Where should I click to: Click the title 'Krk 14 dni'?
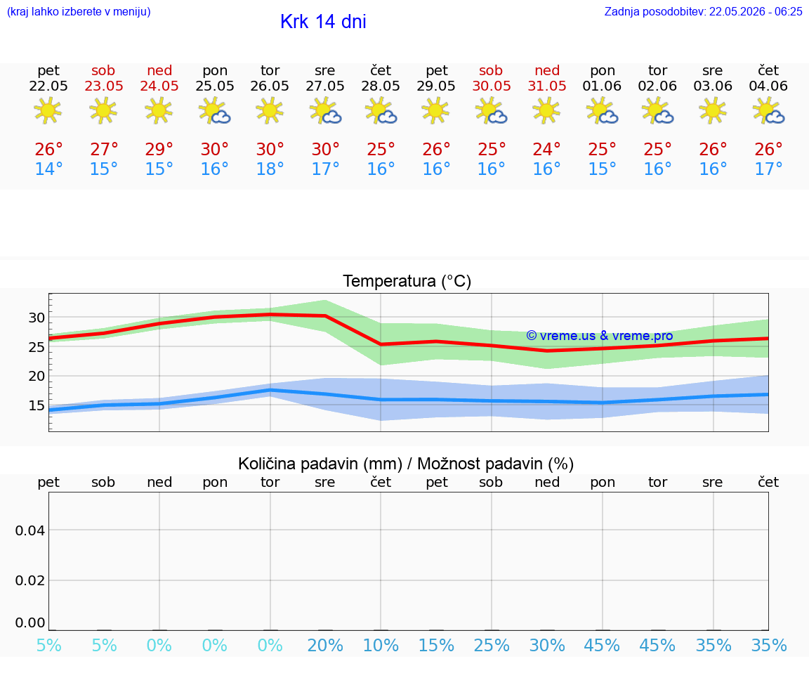tap(323, 22)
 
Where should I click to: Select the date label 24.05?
tap(159, 86)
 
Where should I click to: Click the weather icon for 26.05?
tap(270, 111)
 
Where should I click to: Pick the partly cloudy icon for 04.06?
tap(768, 111)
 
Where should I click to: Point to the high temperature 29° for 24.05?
tap(159, 149)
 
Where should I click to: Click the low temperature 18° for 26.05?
tap(270, 169)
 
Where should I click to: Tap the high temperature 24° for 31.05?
tap(547, 149)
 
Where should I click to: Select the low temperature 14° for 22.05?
tap(48, 169)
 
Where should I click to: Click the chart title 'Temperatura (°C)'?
tap(407, 281)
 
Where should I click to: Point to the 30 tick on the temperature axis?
tap(37, 318)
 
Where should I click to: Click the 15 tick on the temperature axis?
tap(37, 406)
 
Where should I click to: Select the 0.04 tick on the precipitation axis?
tap(30, 530)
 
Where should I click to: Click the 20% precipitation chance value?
tap(325, 645)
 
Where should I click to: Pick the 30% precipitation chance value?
tap(547, 645)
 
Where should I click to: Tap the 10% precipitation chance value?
tap(381, 645)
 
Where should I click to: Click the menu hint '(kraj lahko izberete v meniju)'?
tap(79, 12)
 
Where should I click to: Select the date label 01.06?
tap(602, 86)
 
